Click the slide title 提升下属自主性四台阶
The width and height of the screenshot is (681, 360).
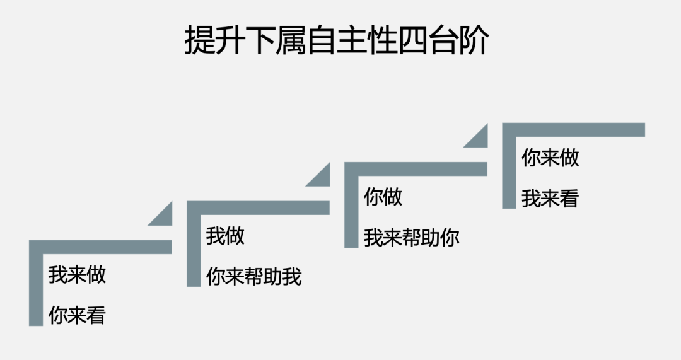click(337, 41)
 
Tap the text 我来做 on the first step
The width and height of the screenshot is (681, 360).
click(77, 275)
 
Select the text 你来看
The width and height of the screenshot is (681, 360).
click(77, 315)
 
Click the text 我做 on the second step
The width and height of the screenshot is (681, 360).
click(225, 236)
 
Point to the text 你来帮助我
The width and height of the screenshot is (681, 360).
click(254, 277)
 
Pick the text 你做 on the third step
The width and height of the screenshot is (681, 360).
click(383, 197)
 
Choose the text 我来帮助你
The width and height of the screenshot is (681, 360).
click(412, 238)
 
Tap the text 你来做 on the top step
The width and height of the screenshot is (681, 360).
click(550, 158)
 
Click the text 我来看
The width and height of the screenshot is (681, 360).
click(550, 199)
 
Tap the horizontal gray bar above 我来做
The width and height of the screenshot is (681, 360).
click(101, 247)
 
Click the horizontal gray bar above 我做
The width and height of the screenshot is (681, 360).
click(259, 207)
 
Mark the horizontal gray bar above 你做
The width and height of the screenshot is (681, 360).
click(416, 168)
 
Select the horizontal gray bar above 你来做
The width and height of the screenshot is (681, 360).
click(574, 129)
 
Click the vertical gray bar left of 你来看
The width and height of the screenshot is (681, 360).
click(35, 290)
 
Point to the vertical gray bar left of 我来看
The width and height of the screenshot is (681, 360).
click(509, 173)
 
